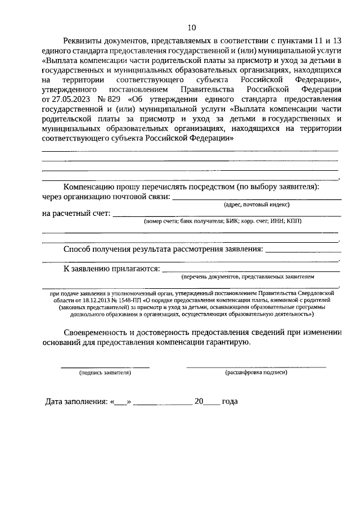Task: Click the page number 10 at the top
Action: (x=192, y=28)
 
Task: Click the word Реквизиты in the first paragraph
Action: (x=84, y=40)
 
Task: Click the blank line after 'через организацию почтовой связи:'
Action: (x=256, y=198)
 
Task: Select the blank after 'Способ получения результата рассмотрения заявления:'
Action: (x=302, y=251)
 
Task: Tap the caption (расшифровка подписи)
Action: (x=256, y=373)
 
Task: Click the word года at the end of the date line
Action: (x=229, y=402)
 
